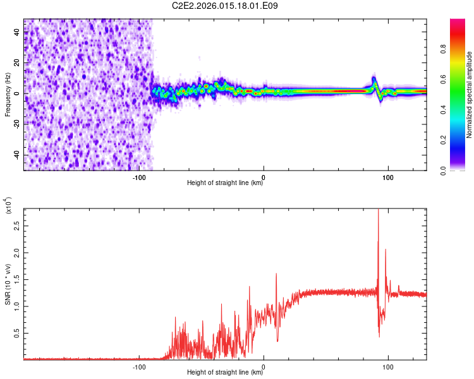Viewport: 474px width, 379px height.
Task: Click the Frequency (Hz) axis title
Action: tap(8, 95)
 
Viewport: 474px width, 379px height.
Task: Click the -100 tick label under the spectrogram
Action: tap(139, 176)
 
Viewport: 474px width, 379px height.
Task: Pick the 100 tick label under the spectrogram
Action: tap(388, 176)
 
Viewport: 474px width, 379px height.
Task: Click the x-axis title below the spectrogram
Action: tap(225, 183)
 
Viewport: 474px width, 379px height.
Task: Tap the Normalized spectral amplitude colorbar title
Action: tap(470, 95)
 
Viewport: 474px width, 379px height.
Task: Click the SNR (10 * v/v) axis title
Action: tap(8, 284)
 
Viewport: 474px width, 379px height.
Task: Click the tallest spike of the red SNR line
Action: tap(378, 210)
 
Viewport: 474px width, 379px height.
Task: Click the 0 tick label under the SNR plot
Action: tap(264, 366)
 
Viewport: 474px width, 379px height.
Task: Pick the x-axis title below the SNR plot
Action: tap(225, 373)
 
